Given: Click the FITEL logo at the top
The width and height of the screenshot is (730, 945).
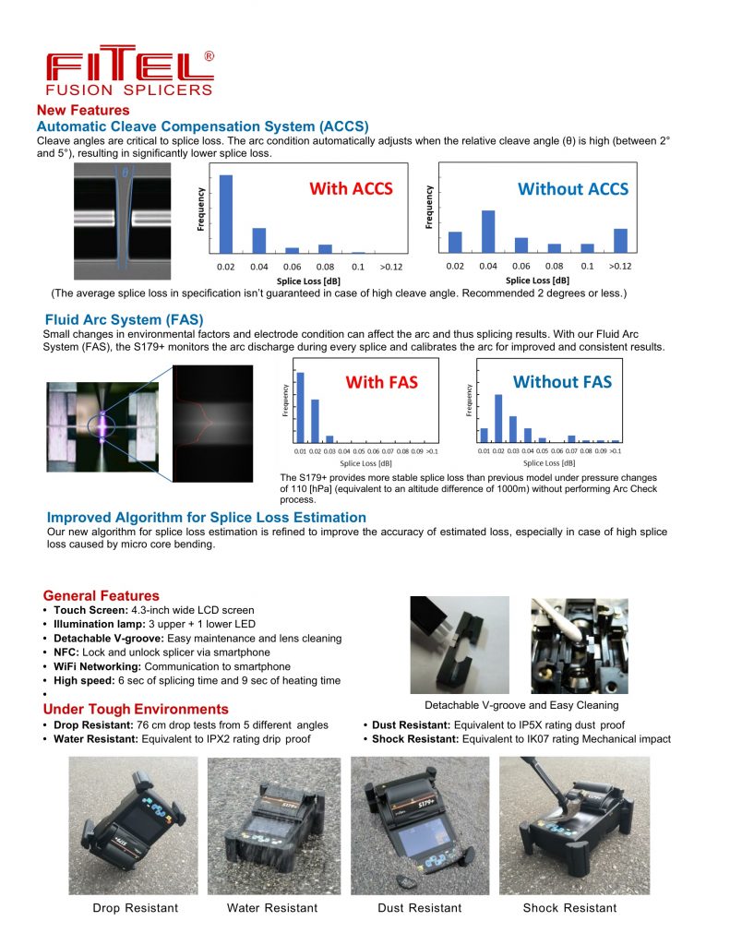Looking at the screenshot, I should (129, 70).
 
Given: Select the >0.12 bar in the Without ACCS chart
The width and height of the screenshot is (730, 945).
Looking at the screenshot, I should (620, 240).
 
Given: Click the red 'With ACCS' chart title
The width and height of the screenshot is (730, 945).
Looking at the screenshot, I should (351, 189).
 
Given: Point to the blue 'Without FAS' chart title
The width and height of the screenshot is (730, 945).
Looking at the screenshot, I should (562, 382).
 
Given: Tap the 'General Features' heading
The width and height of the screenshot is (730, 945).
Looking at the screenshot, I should (102, 595).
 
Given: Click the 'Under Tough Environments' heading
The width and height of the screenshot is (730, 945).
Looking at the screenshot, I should (136, 709).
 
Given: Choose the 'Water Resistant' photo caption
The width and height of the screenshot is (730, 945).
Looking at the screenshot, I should (272, 908).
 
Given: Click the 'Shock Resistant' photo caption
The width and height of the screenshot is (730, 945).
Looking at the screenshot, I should (569, 908).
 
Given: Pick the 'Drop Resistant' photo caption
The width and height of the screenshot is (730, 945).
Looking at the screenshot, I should (136, 908).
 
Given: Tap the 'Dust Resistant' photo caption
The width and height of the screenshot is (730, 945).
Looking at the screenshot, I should (420, 908).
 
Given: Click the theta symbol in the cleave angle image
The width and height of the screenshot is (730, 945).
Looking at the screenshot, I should (123, 173).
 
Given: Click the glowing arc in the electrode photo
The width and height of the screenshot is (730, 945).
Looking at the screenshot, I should (99, 426).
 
